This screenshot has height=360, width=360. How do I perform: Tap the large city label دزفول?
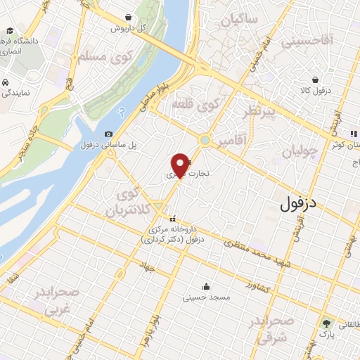(x=299, y=205)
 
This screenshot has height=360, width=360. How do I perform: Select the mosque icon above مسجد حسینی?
(x=206, y=286)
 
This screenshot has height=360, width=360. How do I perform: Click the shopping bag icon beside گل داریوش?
(x=128, y=17)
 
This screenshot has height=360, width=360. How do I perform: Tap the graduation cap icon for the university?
(x=11, y=32)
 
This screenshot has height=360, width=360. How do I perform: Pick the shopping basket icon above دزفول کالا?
(x=316, y=79)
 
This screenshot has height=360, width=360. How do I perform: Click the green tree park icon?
(x=326, y=323)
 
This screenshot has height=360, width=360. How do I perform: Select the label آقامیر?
(x=231, y=141)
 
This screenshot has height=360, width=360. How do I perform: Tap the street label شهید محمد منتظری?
(x=257, y=252)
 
